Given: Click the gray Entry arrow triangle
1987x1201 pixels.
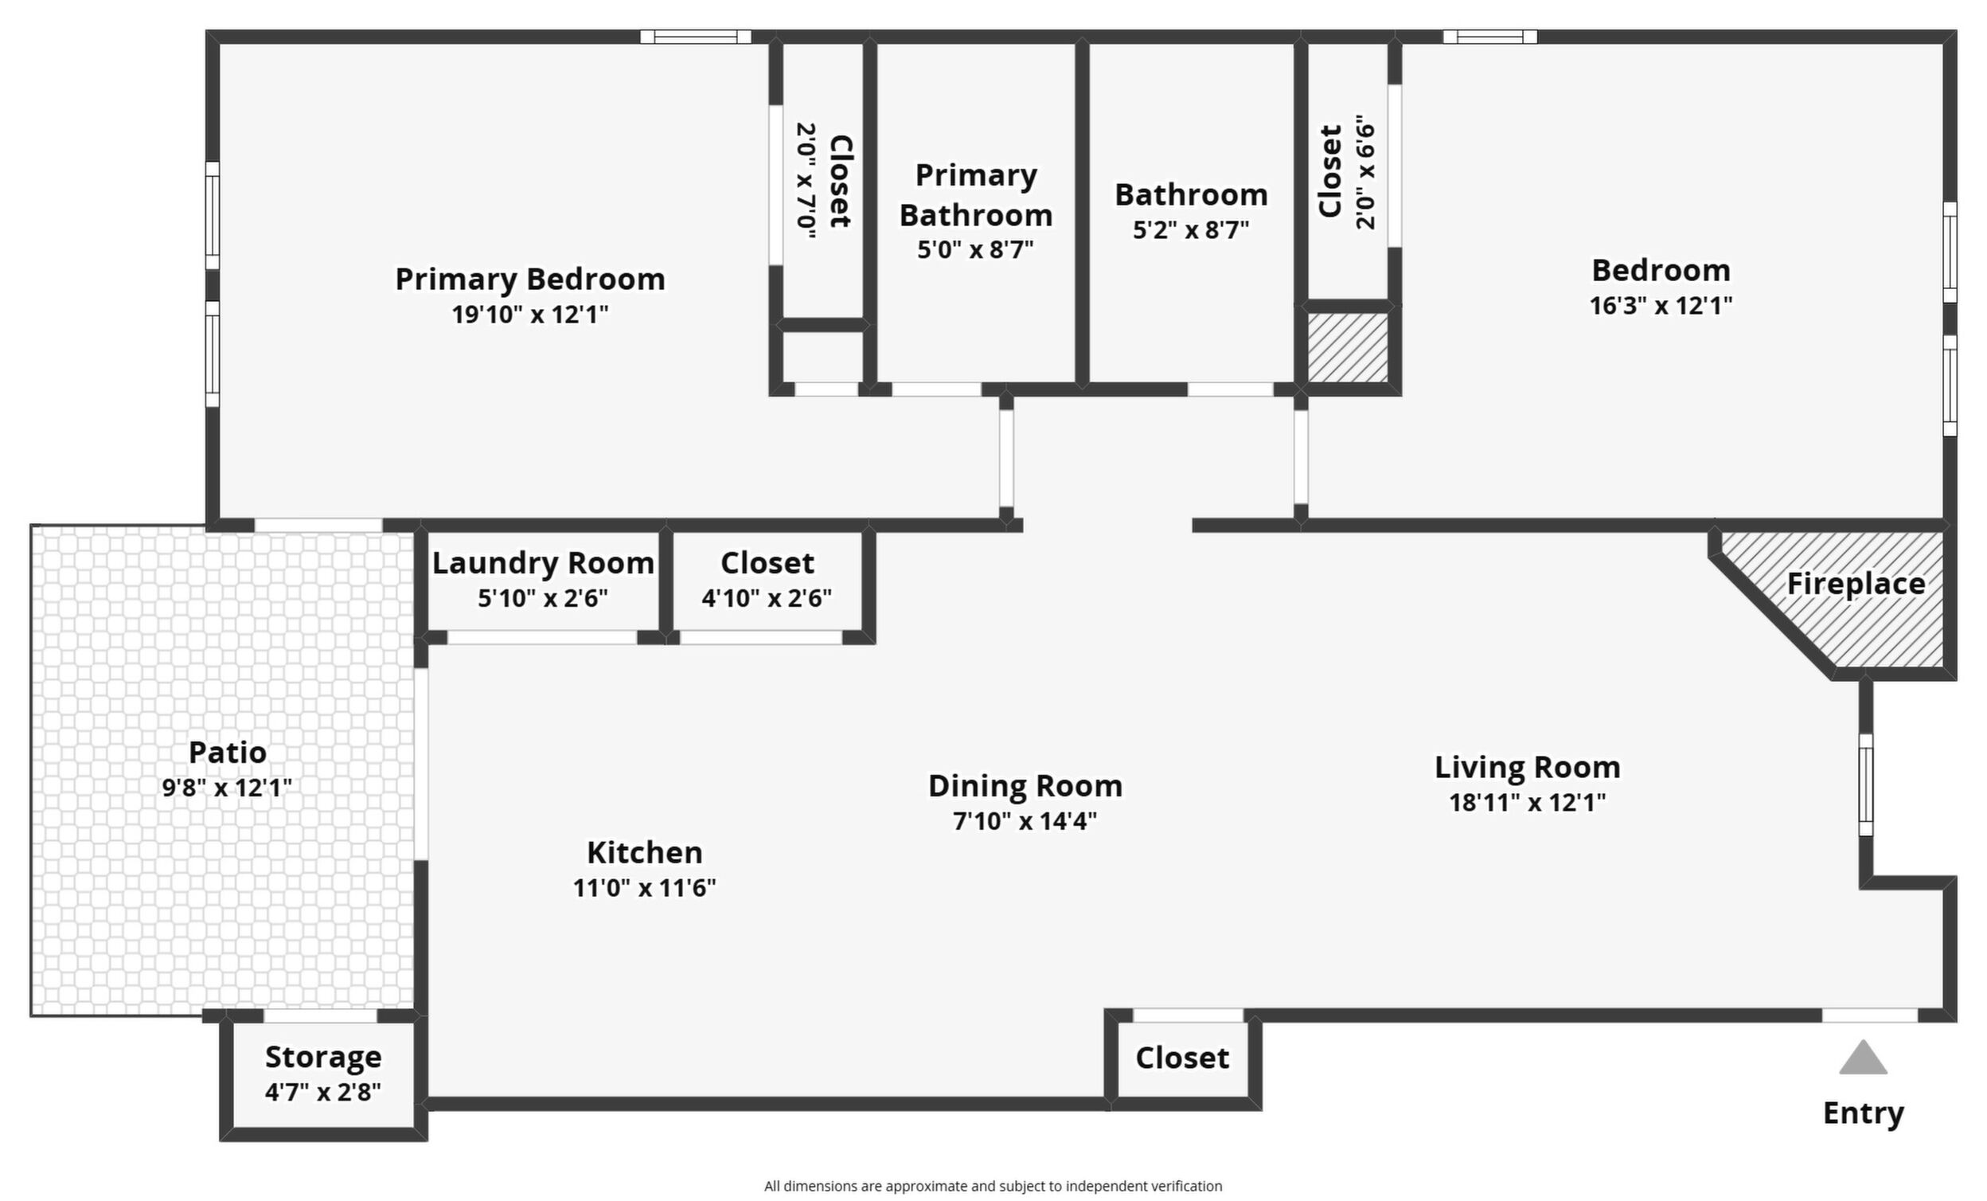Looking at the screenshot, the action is pyautogui.click(x=1863, y=1058).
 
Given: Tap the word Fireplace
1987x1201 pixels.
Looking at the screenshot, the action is pyautogui.click(x=1856, y=584).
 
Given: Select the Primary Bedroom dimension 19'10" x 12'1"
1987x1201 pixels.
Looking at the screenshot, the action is pyautogui.click(x=530, y=314).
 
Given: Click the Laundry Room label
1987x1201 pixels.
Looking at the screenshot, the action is pyautogui.click(x=543, y=563).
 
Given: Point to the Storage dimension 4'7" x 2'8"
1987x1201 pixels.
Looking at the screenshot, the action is pyautogui.click(x=322, y=1092).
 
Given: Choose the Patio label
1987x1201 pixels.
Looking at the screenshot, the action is pyautogui.click(x=228, y=752).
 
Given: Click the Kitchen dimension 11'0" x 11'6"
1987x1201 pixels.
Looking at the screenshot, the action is pyautogui.click(x=644, y=888).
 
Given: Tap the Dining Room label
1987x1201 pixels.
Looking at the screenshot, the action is pyautogui.click(x=1025, y=785).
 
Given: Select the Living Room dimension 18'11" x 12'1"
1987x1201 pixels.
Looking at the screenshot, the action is pyautogui.click(x=1528, y=803).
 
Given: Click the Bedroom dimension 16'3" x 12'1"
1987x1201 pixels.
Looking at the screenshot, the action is pyautogui.click(x=1661, y=306).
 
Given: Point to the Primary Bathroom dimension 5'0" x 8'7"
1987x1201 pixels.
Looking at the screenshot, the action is pyautogui.click(x=975, y=250).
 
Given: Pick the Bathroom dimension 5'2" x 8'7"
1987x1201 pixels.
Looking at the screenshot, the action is pyautogui.click(x=1190, y=231).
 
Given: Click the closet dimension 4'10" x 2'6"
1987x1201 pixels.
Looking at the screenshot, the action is pyautogui.click(x=766, y=598).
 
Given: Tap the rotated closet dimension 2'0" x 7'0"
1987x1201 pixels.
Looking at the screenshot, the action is pyautogui.click(x=806, y=181).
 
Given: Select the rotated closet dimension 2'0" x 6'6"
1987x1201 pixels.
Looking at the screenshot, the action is pyautogui.click(x=1364, y=172).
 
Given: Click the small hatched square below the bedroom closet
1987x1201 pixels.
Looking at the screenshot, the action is pyautogui.click(x=1348, y=347).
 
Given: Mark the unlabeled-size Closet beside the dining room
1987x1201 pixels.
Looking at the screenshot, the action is pyautogui.click(x=1182, y=1058).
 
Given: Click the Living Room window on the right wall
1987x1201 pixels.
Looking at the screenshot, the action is pyautogui.click(x=1865, y=784).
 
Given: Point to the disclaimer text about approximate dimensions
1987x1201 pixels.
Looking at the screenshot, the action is pyautogui.click(x=993, y=1186).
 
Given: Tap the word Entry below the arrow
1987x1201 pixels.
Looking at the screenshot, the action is pyautogui.click(x=1863, y=1113).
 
